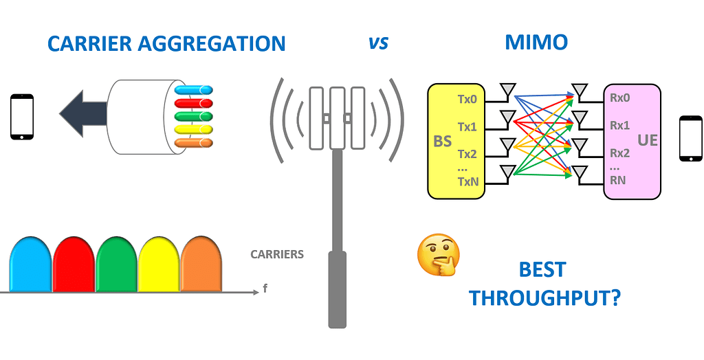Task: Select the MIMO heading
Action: tap(537, 43)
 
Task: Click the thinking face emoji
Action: tap(438, 255)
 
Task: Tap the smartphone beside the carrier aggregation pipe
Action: tap(22, 117)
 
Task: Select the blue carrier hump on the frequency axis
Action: tap(31, 264)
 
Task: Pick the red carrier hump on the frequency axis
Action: tap(74, 264)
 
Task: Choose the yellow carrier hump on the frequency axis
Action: tap(159, 264)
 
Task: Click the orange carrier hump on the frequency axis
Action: tap(201, 264)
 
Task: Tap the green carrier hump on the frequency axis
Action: tap(116, 264)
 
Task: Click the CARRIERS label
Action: tap(277, 254)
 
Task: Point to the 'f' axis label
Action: tap(265, 289)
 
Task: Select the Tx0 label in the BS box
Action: tap(467, 99)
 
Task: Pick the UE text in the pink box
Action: tap(647, 140)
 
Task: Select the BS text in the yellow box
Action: tap(443, 142)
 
